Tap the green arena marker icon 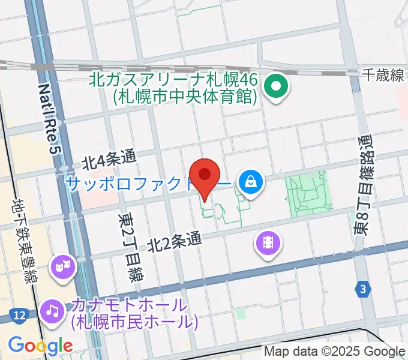click(x=276, y=87)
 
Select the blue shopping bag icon click(x=250, y=182)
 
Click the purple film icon click(x=268, y=243)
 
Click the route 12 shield click(x=17, y=314)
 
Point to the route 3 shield click(x=362, y=289)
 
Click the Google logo click(x=40, y=346)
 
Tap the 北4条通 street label click(x=110, y=159)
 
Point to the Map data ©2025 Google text click(x=335, y=351)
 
